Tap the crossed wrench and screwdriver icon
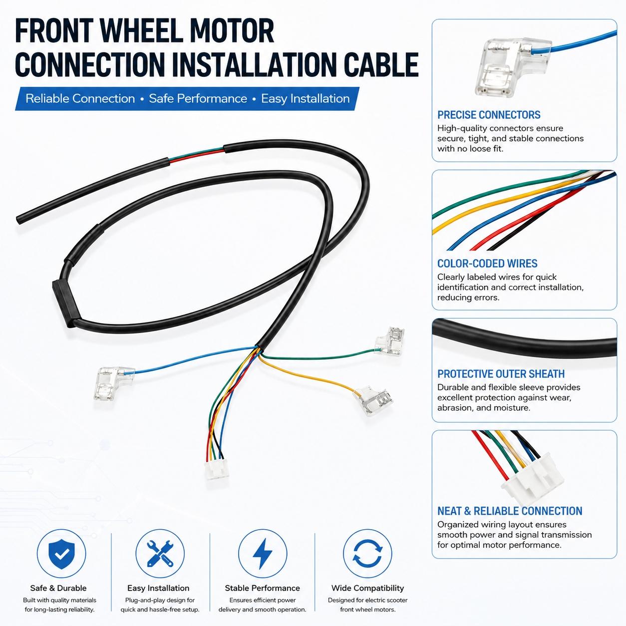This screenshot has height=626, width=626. point(160,554)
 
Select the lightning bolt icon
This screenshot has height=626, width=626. point(263,554)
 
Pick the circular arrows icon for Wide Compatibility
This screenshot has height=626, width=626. point(367,554)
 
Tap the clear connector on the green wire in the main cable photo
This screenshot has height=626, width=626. point(390,341)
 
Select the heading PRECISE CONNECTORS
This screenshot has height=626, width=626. point(489,115)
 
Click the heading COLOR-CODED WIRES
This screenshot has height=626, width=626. point(487,264)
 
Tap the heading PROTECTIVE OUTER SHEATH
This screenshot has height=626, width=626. point(501,374)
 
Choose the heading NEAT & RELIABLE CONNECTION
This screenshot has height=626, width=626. point(510,511)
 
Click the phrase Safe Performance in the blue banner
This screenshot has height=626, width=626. point(198,99)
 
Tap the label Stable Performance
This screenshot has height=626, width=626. point(262,588)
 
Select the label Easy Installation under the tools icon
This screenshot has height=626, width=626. point(158,588)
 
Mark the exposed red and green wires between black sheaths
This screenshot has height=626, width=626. point(197,154)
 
